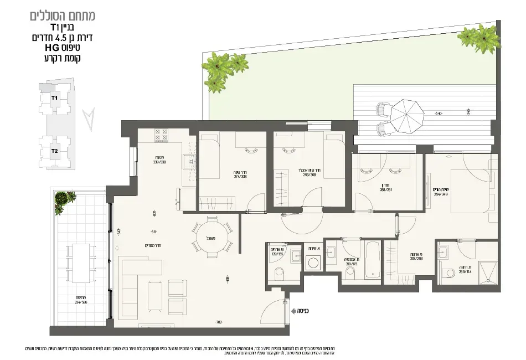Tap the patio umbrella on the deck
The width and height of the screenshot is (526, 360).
[x=406, y=115]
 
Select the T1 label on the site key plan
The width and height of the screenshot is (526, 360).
[x=54, y=98]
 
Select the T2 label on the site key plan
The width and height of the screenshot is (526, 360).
[x=54, y=151]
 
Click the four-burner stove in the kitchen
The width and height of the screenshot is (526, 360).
[x=161, y=136]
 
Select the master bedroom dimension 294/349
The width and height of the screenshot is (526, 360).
[x=441, y=192]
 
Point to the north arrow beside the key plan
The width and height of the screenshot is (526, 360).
[x=87, y=118]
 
